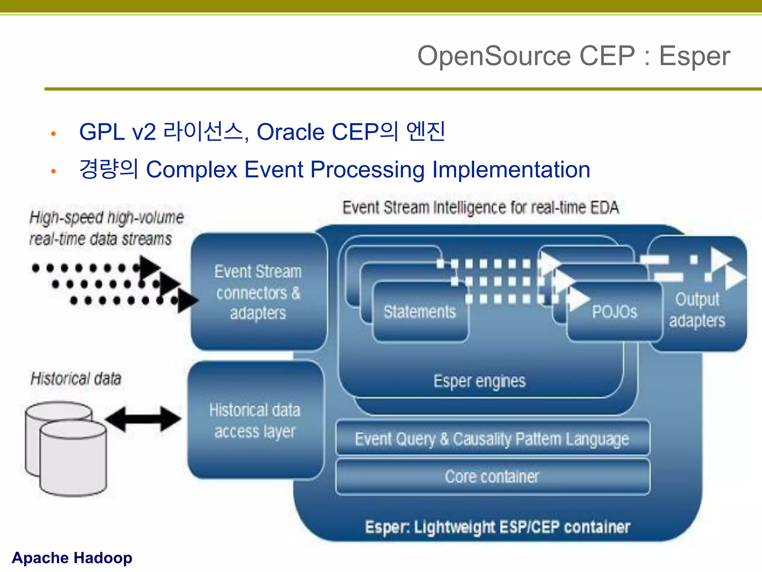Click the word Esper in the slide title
(694, 56)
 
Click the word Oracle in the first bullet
(291, 132)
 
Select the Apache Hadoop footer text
(72, 558)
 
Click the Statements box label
(420, 312)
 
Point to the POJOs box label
(614, 312)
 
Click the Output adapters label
(697, 310)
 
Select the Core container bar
(492, 477)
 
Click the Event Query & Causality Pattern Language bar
(492, 439)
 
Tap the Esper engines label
(480, 381)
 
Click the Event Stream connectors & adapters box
(258, 292)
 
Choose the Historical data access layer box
(255, 421)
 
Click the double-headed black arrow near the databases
(143, 419)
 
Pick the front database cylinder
(73, 460)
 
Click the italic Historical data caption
(76, 379)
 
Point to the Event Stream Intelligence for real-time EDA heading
(480, 208)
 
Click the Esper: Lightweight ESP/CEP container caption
(497, 527)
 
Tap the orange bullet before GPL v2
(54, 134)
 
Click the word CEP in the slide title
(607, 56)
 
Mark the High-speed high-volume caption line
(106, 217)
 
